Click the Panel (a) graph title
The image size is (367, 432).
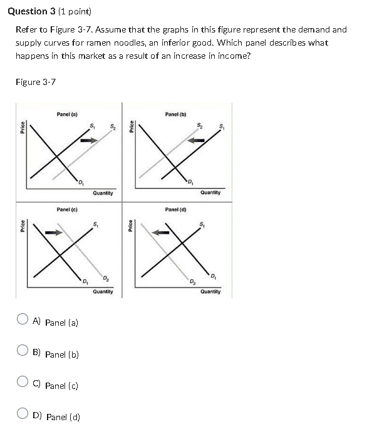click(x=67, y=114)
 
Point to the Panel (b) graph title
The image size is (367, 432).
click(x=175, y=114)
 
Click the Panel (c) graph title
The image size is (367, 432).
click(x=67, y=209)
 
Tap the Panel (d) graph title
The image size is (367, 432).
click(x=175, y=209)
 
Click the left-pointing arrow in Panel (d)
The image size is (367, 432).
click(x=163, y=233)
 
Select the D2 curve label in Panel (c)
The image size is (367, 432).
click(x=106, y=278)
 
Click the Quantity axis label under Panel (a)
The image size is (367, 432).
click(x=103, y=193)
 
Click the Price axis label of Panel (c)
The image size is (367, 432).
click(x=23, y=223)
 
